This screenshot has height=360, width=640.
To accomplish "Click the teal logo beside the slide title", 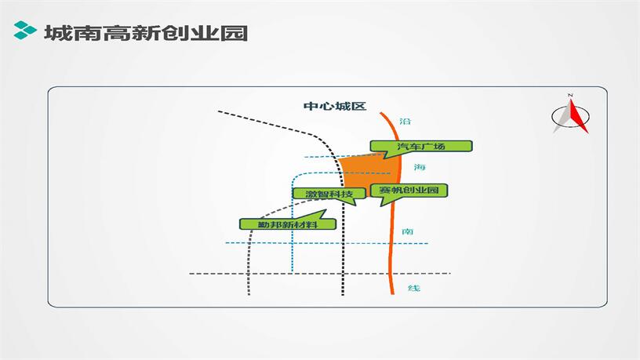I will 26,32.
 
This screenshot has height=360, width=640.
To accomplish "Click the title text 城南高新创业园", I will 146,33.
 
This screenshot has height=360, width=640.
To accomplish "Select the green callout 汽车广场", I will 421,147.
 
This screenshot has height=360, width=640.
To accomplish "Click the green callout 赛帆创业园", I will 412,191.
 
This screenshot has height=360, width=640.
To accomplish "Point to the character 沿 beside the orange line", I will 405,122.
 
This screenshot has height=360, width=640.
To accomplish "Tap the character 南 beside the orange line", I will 407,231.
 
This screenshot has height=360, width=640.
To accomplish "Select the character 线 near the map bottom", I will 414,288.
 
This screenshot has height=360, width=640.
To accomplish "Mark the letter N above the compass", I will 571,96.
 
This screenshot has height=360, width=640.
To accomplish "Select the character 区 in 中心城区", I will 360,106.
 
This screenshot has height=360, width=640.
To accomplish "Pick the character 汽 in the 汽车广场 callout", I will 403,147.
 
